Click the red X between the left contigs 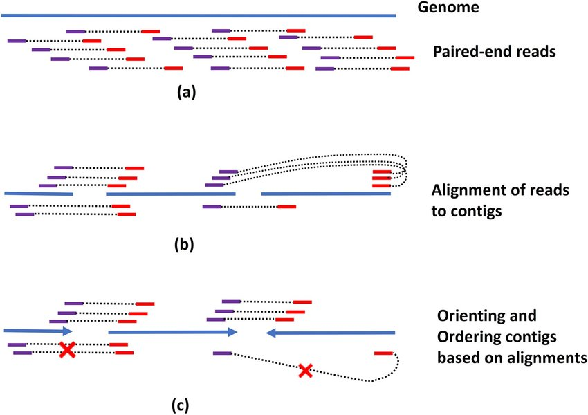pyautogui.click(x=66, y=349)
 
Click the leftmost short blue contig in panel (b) pyautogui.click(x=38, y=194)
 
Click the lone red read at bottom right pyautogui.click(x=384, y=353)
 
